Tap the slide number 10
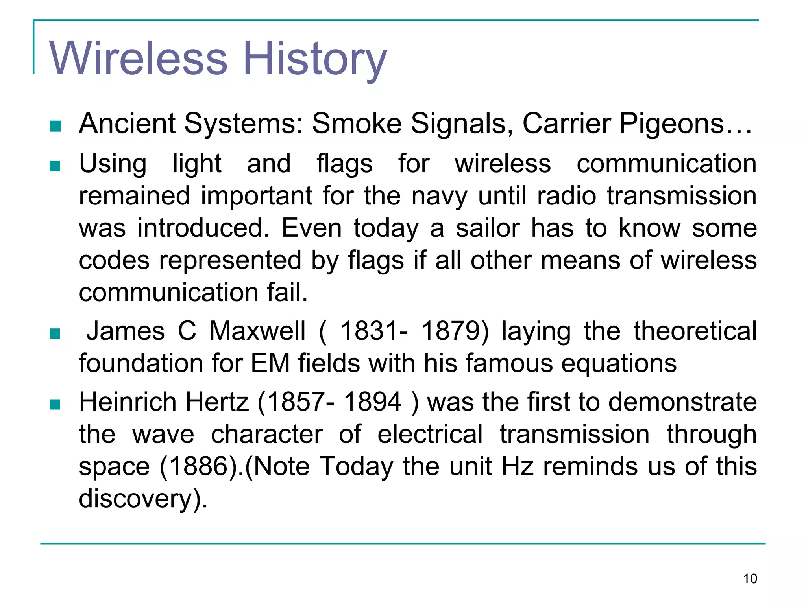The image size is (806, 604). [x=750, y=579]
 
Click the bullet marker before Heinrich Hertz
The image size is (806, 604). [x=55, y=404]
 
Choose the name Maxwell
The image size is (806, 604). [x=257, y=331]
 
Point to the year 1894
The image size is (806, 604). [x=372, y=402]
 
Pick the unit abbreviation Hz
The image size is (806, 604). [x=518, y=466]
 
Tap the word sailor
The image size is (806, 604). [x=488, y=228]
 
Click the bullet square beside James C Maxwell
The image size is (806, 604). [x=55, y=333]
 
